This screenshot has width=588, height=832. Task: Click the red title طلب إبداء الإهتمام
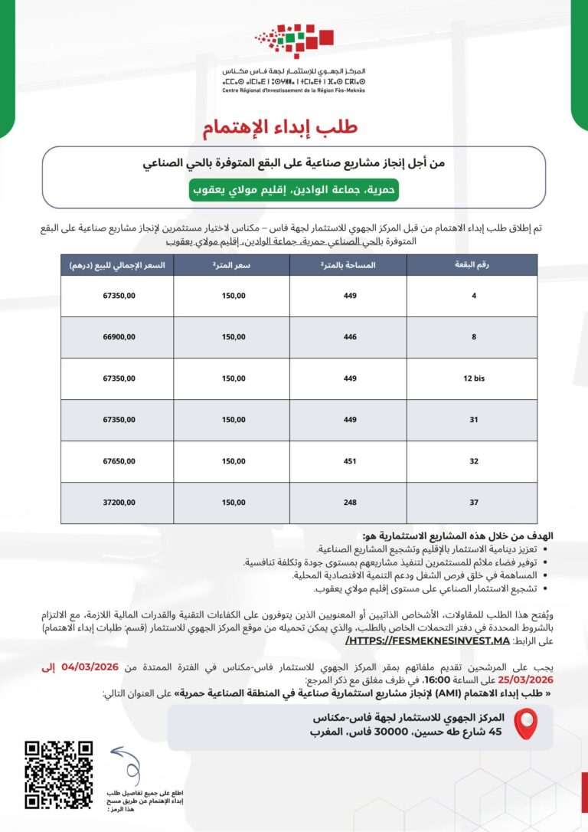tap(279, 127)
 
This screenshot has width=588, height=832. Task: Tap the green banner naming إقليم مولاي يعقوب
tap(294, 189)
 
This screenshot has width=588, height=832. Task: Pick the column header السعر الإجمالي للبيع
tap(117, 264)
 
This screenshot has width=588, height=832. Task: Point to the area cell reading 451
tap(348, 461)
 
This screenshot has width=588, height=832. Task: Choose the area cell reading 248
tap(348, 503)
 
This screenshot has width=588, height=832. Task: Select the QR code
tap(59, 775)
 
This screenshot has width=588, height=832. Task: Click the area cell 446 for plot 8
tap(348, 336)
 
